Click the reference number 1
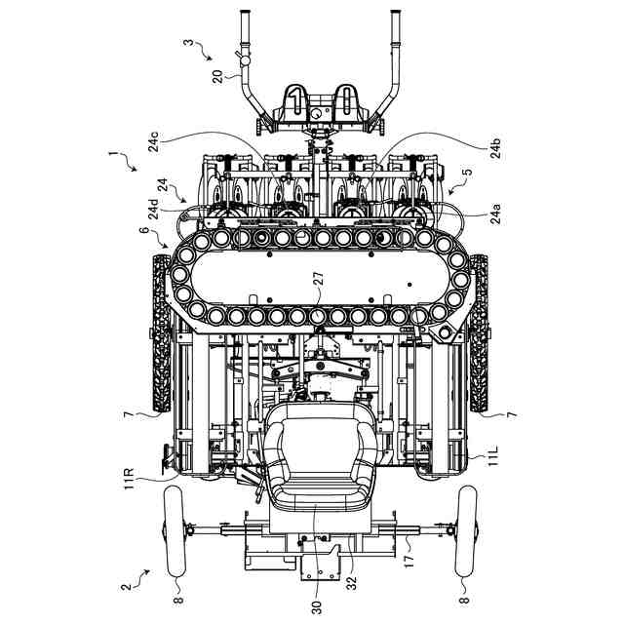click(115, 154)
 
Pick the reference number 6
click(144, 232)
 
